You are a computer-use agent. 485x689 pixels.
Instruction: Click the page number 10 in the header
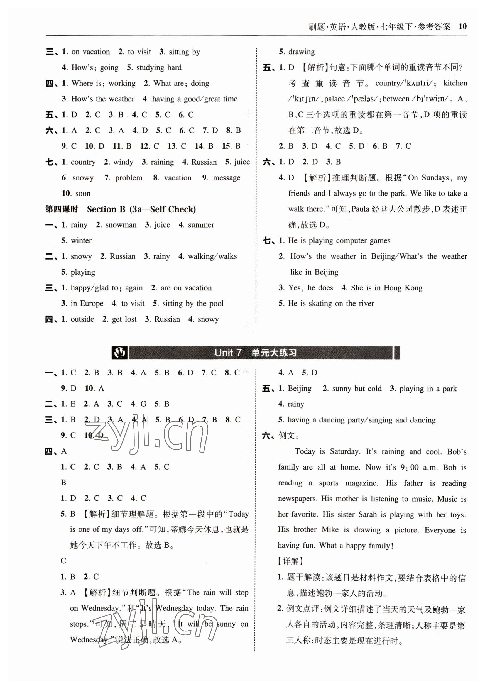click(462, 26)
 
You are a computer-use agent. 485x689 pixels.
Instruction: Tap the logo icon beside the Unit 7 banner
click(120, 353)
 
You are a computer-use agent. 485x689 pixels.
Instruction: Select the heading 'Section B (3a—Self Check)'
click(141, 209)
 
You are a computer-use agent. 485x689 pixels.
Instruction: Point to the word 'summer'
click(201, 225)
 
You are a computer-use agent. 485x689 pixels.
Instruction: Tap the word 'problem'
click(128, 178)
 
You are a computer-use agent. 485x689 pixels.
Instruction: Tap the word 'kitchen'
click(455, 83)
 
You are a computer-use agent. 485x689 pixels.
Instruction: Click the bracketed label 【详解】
click(291, 561)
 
